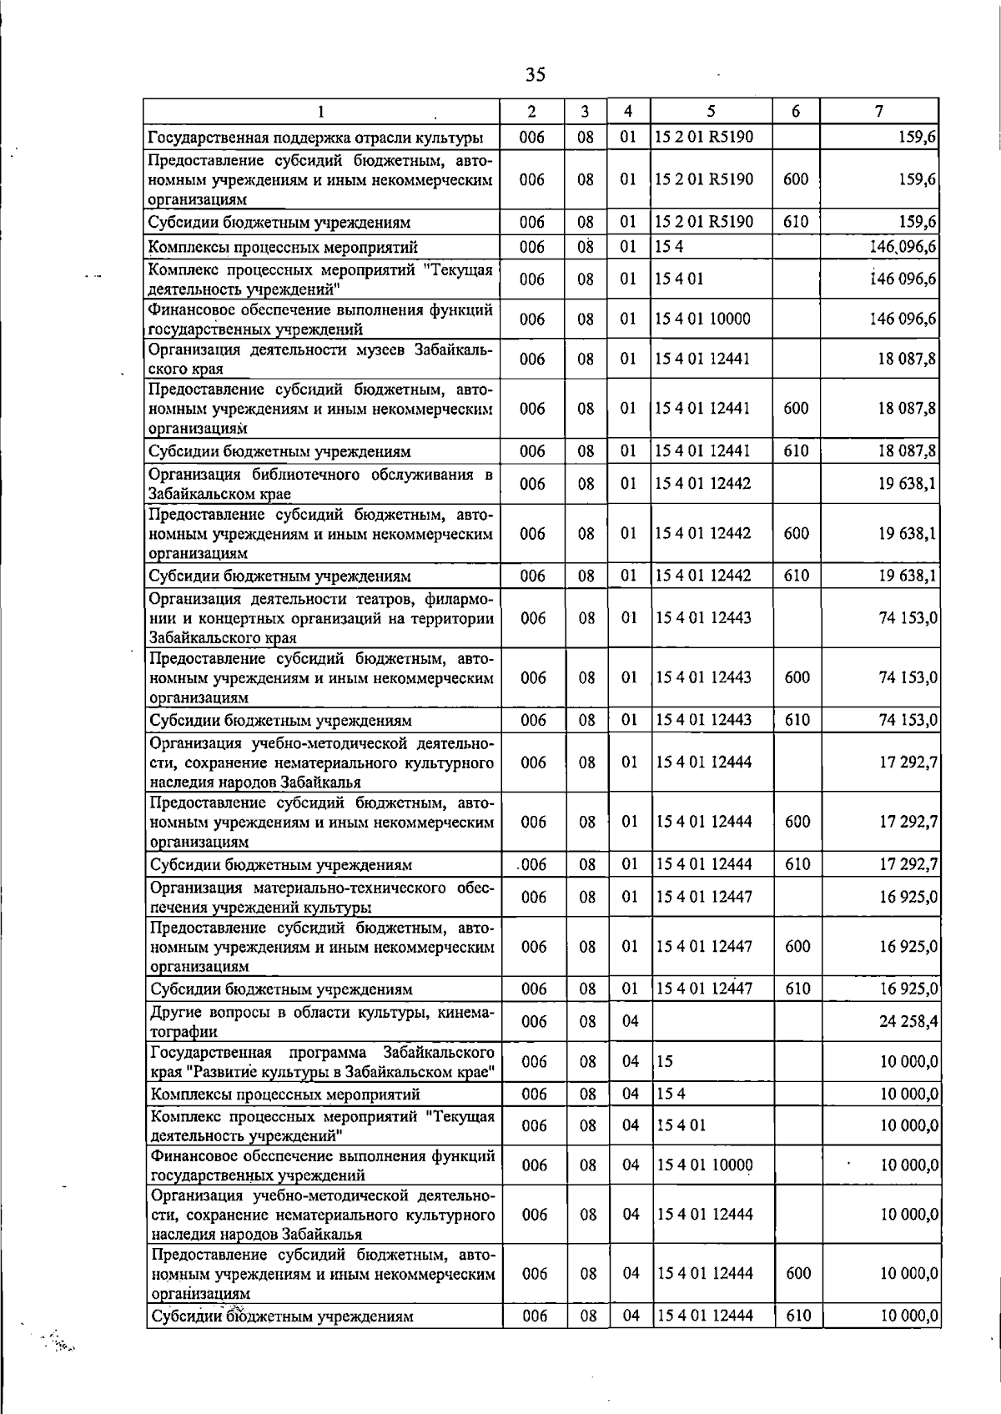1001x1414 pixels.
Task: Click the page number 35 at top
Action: click(536, 75)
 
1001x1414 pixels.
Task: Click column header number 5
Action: click(711, 111)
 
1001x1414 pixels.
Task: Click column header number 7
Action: click(879, 111)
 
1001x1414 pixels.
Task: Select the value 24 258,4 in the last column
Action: click(908, 1022)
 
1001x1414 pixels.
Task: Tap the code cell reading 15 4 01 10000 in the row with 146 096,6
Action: click(702, 320)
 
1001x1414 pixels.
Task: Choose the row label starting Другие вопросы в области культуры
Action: click(322, 1022)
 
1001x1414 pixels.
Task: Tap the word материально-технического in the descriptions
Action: click(354, 888)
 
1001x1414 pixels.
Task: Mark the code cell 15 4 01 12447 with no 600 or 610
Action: click(704, 898)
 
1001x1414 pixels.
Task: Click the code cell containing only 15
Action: click(665, 1062)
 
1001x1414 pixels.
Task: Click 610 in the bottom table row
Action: click(797, 1316)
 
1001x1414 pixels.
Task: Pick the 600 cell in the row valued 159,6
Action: click(796, 179)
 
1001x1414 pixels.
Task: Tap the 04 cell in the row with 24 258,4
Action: click(630, 1022)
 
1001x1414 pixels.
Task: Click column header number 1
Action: click(320, 111)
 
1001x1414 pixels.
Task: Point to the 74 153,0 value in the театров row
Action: click(908, 619)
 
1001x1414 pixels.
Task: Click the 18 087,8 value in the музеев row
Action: click(907, 360)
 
